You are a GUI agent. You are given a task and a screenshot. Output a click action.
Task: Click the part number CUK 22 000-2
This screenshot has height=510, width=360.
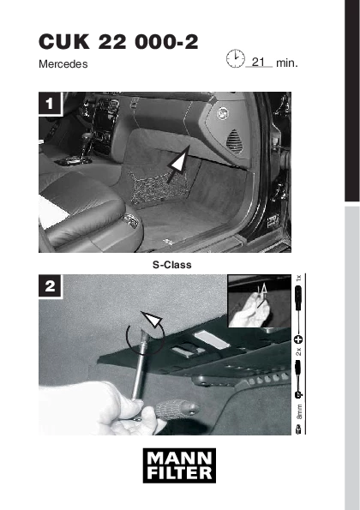pyautogui.click(x=118, y=42)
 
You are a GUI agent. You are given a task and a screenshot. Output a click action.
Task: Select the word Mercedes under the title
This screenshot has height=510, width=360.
pyautogui.click(x=63, y=64)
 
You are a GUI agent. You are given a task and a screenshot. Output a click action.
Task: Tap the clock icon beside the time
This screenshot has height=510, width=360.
pyautogui.click(x=236, y=58)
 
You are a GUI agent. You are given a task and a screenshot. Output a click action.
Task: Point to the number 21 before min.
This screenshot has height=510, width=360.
pyautogui.click(x=259, y=62)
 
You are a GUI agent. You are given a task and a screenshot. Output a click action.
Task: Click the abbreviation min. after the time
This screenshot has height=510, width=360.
pyautogui.click(x=287, y=63)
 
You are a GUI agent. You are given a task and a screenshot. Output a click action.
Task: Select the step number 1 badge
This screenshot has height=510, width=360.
pyautogui.click(x=50, y=104)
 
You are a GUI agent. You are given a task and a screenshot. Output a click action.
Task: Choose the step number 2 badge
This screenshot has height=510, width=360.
pyautogui.click(x=50, y=286)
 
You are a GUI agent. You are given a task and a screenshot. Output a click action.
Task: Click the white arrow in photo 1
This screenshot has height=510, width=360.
pyautogui.click(x=178, y=165)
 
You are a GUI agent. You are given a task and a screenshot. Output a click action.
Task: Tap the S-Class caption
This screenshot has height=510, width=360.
pyautogui.click(x=172, y=265)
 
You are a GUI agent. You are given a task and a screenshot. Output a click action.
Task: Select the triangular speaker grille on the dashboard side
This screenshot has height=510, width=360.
pyautogui.click(x=235, y=141)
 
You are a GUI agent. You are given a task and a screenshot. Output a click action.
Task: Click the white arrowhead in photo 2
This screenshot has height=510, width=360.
pyautogui.click(x=152, y=319)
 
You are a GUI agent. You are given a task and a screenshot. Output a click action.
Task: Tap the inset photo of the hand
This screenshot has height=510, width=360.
pyautogui.click(x=259, y=301)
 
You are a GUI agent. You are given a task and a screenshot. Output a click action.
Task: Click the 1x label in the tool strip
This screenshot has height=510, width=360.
pyautogui.click(x=299, y=278)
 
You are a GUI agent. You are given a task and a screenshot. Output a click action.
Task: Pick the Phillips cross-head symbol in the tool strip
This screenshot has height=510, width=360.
pyautogui.click(x=298, y=339)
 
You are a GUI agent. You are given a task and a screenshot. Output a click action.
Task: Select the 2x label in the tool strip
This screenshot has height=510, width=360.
pyautogui.click(x=299, y=351)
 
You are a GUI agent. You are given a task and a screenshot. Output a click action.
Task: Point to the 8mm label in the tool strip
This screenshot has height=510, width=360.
pyautogui.click(x=299, y=411)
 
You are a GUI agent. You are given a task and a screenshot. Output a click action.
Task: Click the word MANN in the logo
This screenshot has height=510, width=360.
pyautogui.click(x=179, y=459)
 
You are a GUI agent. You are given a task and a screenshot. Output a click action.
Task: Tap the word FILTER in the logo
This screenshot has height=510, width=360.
pyautogui.click(x=179, y=473)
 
